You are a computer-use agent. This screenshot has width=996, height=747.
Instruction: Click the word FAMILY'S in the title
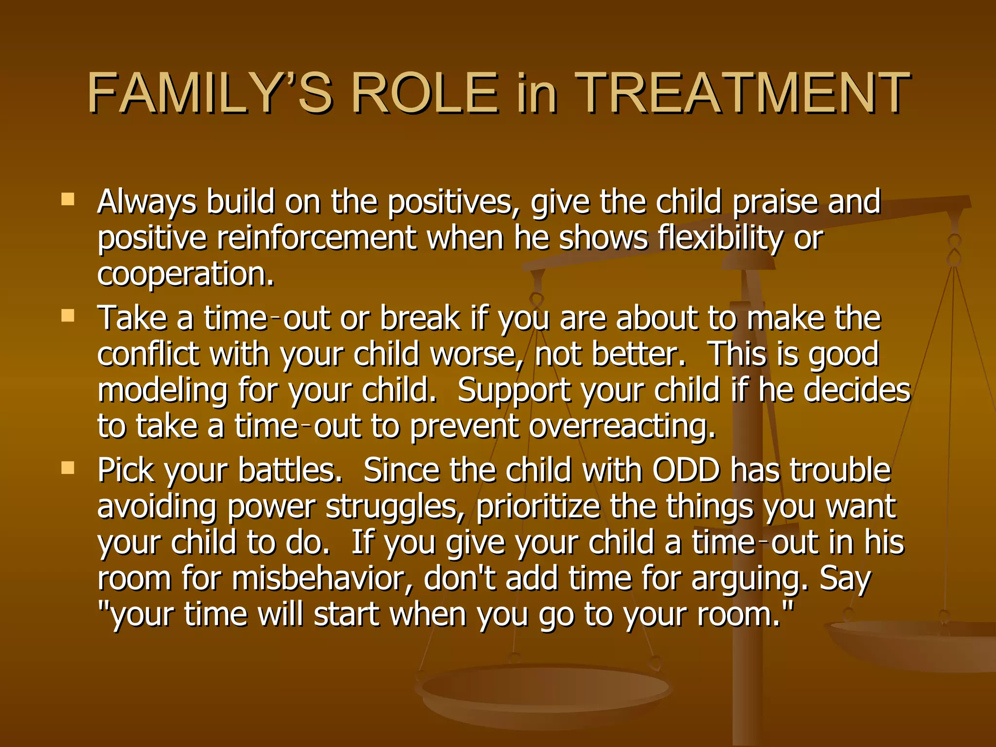click(x=210, y=92)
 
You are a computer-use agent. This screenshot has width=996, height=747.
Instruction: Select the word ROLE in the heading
click(x=425, y=92)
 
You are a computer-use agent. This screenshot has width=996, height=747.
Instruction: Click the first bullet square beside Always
click(x=68, y=199)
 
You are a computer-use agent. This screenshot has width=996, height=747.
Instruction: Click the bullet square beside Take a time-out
click(x=68, y=317)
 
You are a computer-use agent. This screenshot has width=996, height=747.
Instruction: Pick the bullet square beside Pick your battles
click(x=68, y=468)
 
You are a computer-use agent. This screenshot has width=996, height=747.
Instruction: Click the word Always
click(x=146, y=202)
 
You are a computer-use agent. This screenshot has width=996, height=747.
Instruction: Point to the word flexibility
click(x=720, y=238)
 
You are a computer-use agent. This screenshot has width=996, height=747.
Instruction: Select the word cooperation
click(x=186, y=274)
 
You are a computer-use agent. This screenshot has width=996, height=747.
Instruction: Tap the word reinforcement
click(x=317, y=238)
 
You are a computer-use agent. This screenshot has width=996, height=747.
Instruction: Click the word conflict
click(x=148, y=354)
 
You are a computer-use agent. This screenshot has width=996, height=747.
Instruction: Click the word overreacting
click(x=622, y=427)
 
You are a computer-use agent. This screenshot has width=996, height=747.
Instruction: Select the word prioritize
click(x=538, y=507)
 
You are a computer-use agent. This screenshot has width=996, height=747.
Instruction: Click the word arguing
click(x=749, y=579)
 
